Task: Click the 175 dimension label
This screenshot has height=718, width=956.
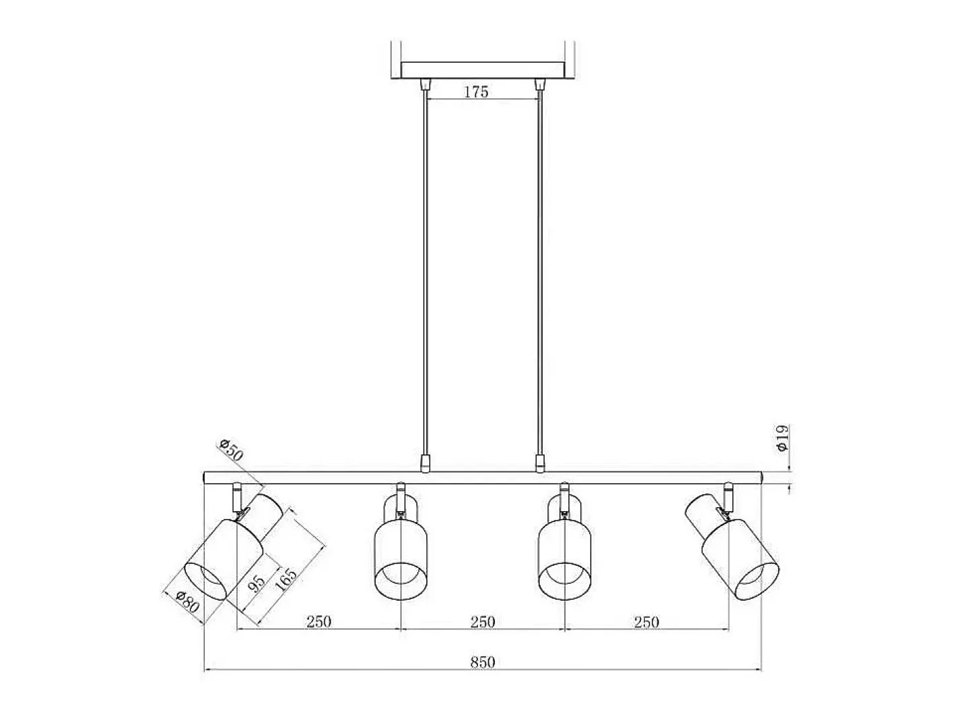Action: tap(476, 92)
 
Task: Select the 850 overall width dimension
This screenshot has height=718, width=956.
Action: tap(483, 663)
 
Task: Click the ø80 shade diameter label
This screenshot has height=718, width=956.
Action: tap(188, 601)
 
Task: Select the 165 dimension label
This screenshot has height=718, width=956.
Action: tap(286, 580)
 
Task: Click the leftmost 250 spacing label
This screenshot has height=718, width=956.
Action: tap(319, 622)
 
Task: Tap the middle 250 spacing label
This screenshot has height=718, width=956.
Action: tap(483, 622)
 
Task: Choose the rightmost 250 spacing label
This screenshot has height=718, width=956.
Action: tap(646, 622)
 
